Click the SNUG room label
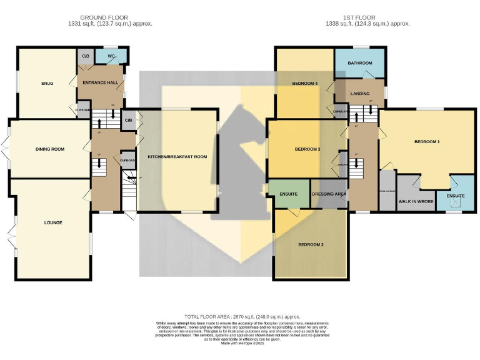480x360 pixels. click(47, 83)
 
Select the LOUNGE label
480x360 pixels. click(53, 222)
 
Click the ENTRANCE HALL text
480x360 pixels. click(101, 82)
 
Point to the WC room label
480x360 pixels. click(111, 56)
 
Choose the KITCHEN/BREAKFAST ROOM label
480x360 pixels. click(177, 156)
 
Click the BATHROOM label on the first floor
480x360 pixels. click(360, 63)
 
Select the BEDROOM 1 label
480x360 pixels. click(427, 142)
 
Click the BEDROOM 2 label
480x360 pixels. click(310, 244)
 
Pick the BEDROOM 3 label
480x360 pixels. click(307, 149)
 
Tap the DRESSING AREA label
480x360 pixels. click(329, 194)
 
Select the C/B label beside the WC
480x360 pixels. click(84, 56)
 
